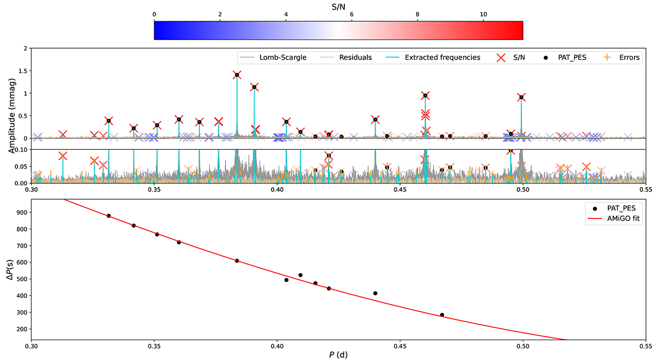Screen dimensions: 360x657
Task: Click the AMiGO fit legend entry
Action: point(614,218)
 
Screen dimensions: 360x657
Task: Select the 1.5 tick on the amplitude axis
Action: point(22,71)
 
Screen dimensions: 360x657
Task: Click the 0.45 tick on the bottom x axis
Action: point(400,346)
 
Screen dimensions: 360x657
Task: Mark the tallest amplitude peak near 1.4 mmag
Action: point(237,75)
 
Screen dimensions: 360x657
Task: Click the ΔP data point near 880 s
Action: point(108,216)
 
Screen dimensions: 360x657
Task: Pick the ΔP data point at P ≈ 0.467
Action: point(442,315)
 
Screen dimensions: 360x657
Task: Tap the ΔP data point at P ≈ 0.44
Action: point(375,293)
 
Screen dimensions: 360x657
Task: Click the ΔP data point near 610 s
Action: point(237,260)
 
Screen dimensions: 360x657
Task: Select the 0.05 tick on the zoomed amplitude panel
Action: point(20,166)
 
